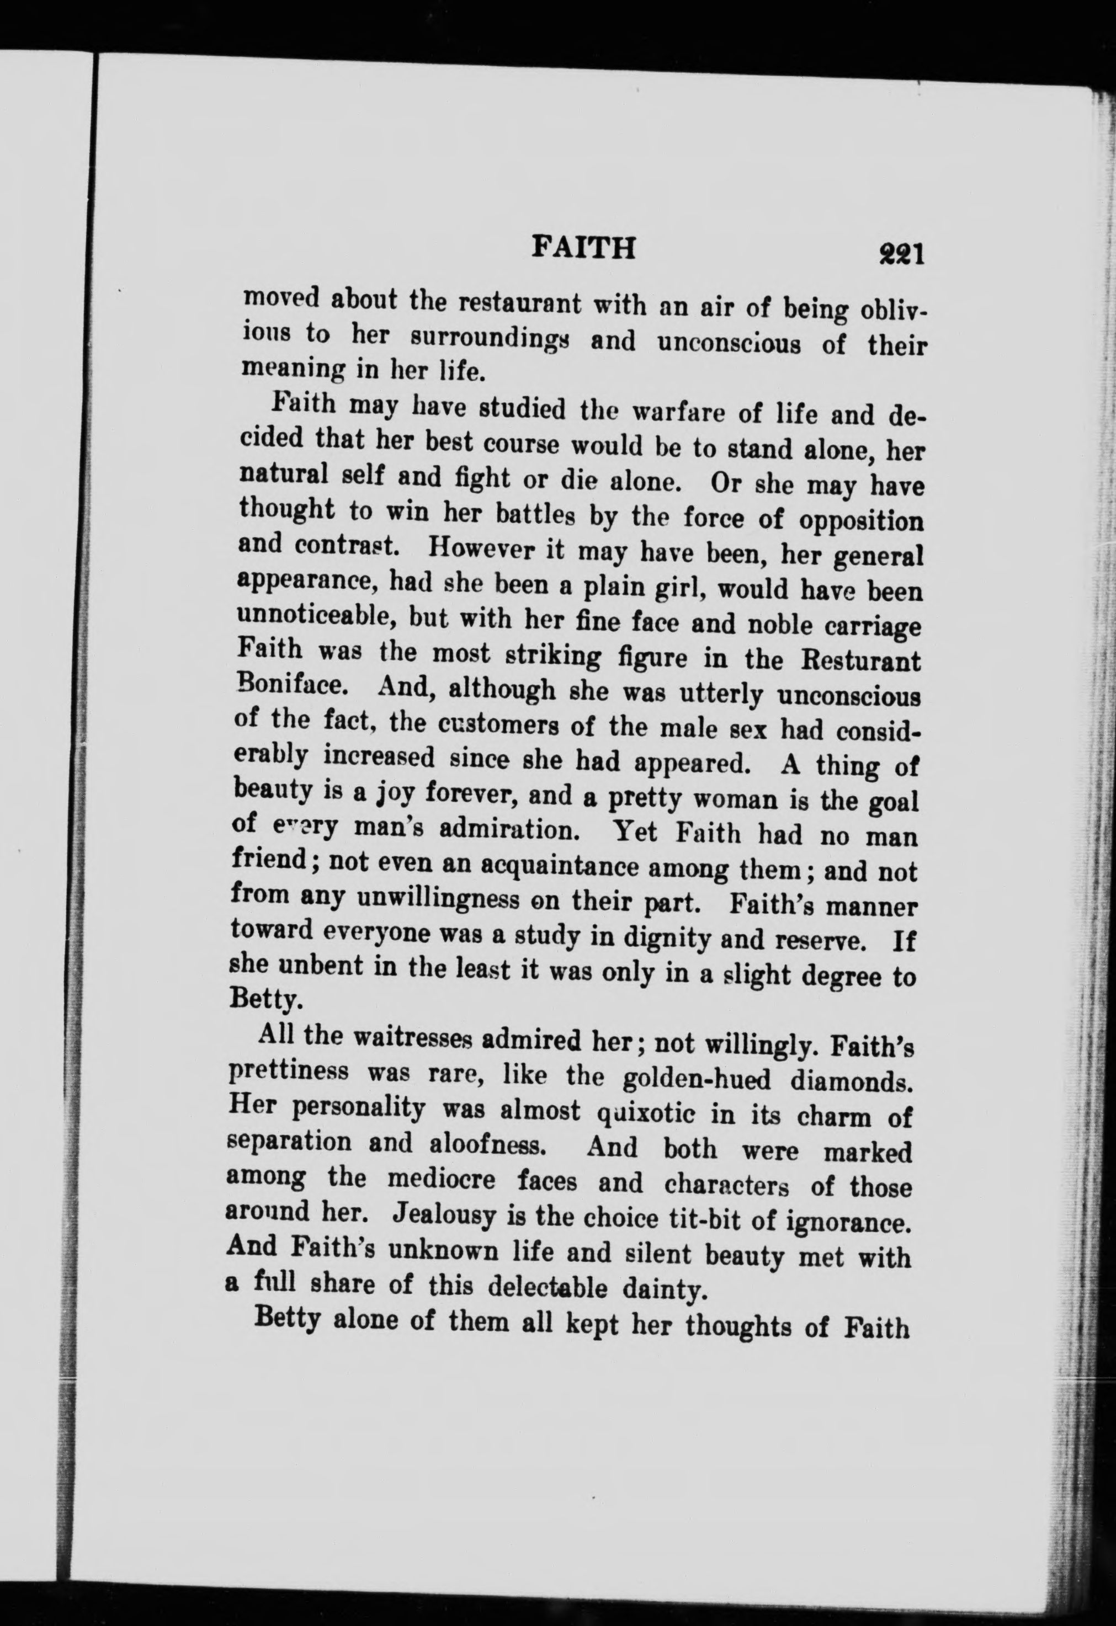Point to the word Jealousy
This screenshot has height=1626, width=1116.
coord(444,1215)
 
